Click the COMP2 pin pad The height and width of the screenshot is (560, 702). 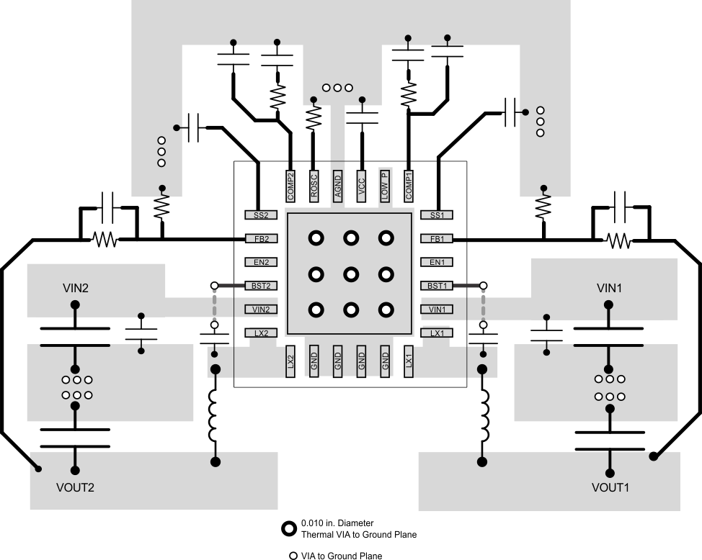pyautogui.click(x=290, y=185)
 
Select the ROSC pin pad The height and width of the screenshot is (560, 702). pyautogui.click(x=314, y=185)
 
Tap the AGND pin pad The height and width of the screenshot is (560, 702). pyautogui.click(x=337, y=185)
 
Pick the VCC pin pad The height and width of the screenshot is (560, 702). pyautogui.click(x=361, y=185)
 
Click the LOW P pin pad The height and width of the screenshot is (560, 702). pyautogui.click(x=385, y=185)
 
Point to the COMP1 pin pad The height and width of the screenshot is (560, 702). pyautogui.click(x=409, y=185)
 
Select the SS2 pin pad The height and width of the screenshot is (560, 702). pyautogui.click(x=261, y=214)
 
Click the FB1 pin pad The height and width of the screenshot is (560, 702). pyautogui.click(x=437, y=239)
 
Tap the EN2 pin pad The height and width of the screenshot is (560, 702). pyautogui.click(x=261, y=263)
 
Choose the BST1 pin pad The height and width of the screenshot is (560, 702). pyautogui.click(x=437, y=286)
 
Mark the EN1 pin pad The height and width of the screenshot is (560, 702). pyautogui.click(x=437, y=263)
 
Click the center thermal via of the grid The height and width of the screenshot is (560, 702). pyautogui.click(x=351, y=274)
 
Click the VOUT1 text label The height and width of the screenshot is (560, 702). pyautogui.click(x=610, y=487)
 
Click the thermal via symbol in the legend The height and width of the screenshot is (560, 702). pyautogui.click(x=289, y=528)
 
